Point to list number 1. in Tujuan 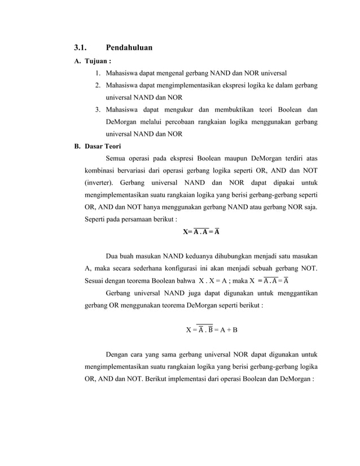pos(98,73)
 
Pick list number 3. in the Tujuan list pos(98,109)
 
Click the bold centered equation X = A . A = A pos(201,231)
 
